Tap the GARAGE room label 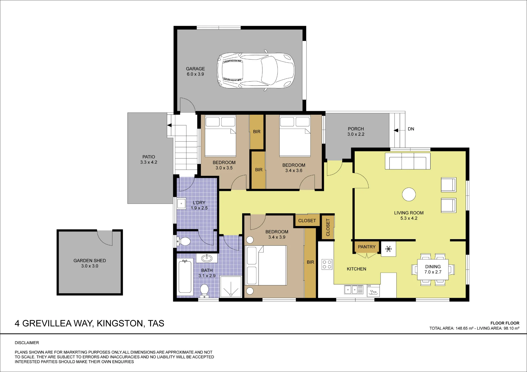point(195,69)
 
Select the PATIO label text point(149,157)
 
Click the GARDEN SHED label point(90,260)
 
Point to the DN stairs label point(411,129)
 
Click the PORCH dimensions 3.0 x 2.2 point(356,134)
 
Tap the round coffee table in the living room point(409,194)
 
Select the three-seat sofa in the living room point(408,161)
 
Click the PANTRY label point(367,247)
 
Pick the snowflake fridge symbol point(388,249)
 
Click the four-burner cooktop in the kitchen point(327,264)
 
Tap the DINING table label point(433,267)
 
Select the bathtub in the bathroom point(185,276)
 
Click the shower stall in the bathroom point(231,286)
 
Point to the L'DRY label point(199,203)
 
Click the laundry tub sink point(181,203)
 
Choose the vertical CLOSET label point(328,227)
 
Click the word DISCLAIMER point(27,343)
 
